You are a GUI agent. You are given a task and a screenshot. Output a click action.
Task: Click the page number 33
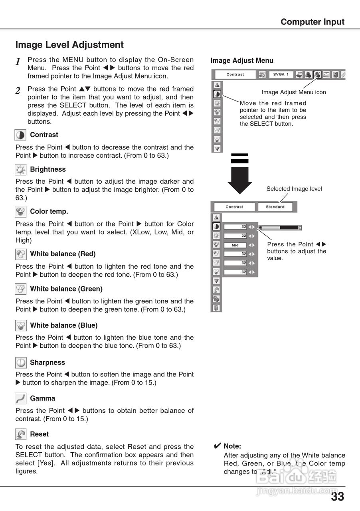pyautogui.click(x=337, y=497)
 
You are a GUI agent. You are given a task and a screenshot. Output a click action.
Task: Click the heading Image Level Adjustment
pyautogui.click(x=69, y=45)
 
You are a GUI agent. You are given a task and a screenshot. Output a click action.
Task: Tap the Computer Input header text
pyautogui.click(x=312, y=22)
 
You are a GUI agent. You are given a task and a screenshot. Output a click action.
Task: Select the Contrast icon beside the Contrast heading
pyautogui.click(x=21, y=135)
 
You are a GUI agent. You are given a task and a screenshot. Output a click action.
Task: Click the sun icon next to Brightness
pyautogui.click(x=21, y=170)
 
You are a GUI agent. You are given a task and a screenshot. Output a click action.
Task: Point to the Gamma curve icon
pyautogui.click(x=21, y=398)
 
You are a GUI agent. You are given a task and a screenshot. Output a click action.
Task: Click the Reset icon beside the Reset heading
pyautogui.click(x=21, y=434)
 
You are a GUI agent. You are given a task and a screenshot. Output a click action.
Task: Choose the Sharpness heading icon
pyautogui.click(x=21, y=362)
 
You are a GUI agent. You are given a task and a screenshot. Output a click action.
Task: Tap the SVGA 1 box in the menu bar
pyautogui.click(x=281, y=75)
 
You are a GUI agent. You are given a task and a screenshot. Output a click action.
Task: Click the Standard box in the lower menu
pyautogui.click(x=275, y=207)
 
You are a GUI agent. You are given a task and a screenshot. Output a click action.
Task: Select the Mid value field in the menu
pyautogui.click(x=235, y=245)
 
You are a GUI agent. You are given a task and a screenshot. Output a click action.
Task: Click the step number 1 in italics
pyautogui.click(x=18, y=62)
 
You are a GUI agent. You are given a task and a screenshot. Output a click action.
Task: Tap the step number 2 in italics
pyautogui.click(x=18, y=91)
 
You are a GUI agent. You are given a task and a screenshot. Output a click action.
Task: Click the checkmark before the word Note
pyautogui.click(x=218, y=446)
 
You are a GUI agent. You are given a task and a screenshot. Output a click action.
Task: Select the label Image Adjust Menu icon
pyautogui.click(x=294, y=92)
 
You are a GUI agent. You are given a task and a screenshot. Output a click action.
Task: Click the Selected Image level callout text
pyautogui.click(x=294, y=189)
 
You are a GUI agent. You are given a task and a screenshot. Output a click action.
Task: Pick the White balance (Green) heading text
pyautogui.click(x=66, y=289)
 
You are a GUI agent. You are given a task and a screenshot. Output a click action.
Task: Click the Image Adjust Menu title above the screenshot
pyautogui.click(x=242, y=61)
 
